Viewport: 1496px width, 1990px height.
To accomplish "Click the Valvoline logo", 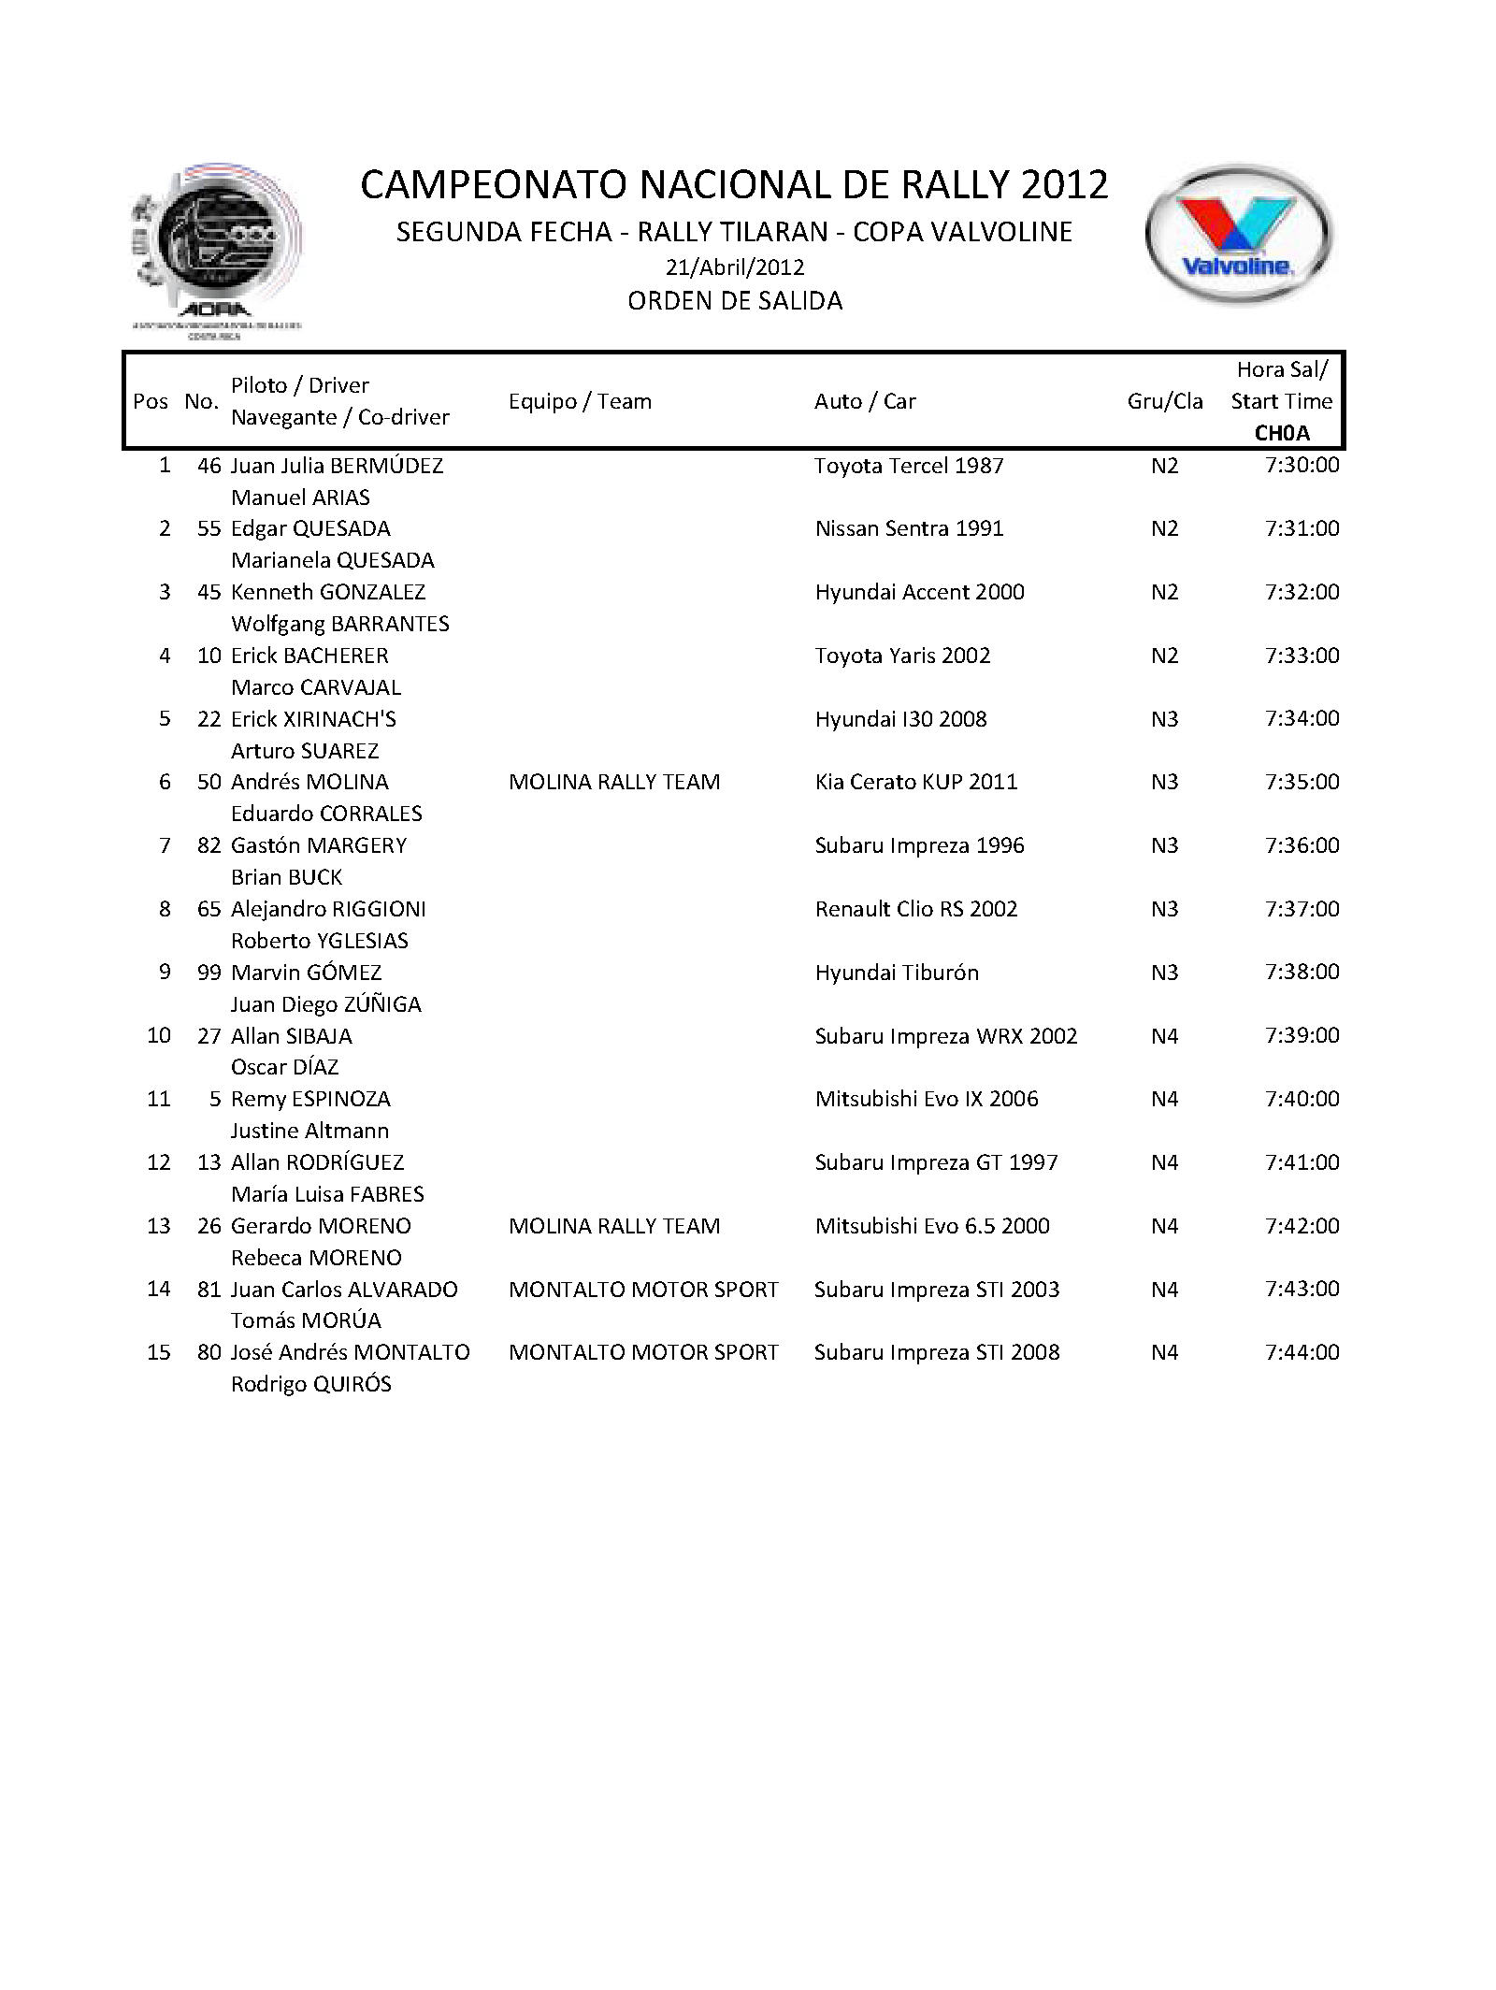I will click(x=1239, y=235).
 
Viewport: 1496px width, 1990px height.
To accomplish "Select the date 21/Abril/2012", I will click(x=735, y=267).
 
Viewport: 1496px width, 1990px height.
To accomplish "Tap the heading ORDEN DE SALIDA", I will click(x=735, y=301).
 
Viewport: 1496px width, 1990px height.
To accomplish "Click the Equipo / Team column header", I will click(x=580, y=401).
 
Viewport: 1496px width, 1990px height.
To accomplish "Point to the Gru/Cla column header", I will click(x=1165, y=401).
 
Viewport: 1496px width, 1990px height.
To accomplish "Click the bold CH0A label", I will click(x=1282, y=433).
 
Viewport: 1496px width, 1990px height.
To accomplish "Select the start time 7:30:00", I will click(x=1302, y=465).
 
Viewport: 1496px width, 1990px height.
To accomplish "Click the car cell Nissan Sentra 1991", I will click(x=909, y=528).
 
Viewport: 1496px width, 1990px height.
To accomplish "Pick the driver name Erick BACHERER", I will click(x=309, y=656).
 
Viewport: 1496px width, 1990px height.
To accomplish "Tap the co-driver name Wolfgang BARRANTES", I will click(x=340, y=624).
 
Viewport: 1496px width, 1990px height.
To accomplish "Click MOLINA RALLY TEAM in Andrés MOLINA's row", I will click(x=614, y=782).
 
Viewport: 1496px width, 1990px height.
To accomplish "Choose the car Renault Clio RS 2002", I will click(x=916, y=909).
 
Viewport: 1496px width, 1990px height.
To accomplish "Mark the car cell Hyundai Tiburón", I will click(x=897, y=973).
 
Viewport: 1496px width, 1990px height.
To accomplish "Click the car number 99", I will click(x=209, y=973).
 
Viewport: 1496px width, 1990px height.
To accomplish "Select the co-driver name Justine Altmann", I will click(x=309, y=1131).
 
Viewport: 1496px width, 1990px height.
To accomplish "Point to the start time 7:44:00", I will click(x=1302, y=1352).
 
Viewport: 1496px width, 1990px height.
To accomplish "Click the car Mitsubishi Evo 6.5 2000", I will click(x=932, y=1226).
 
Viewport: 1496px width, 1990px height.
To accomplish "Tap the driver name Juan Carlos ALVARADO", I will click(x=344, y=1290).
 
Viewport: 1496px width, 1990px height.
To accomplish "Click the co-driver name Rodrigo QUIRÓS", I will click(x=311, y=1384).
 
